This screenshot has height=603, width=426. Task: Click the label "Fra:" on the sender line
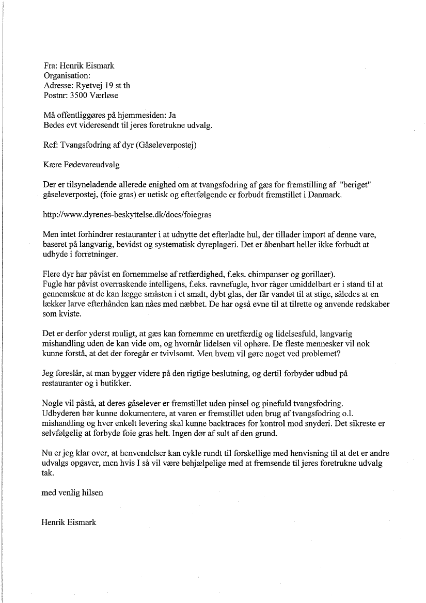tap(51, 67)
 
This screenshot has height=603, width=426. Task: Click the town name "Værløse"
tap(107, 96)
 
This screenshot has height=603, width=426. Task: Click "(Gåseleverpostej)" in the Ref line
tap(163, 145)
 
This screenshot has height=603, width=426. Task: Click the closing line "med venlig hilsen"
tap(72, 492)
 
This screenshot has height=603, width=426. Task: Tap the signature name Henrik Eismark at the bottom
tap(69, 522)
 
